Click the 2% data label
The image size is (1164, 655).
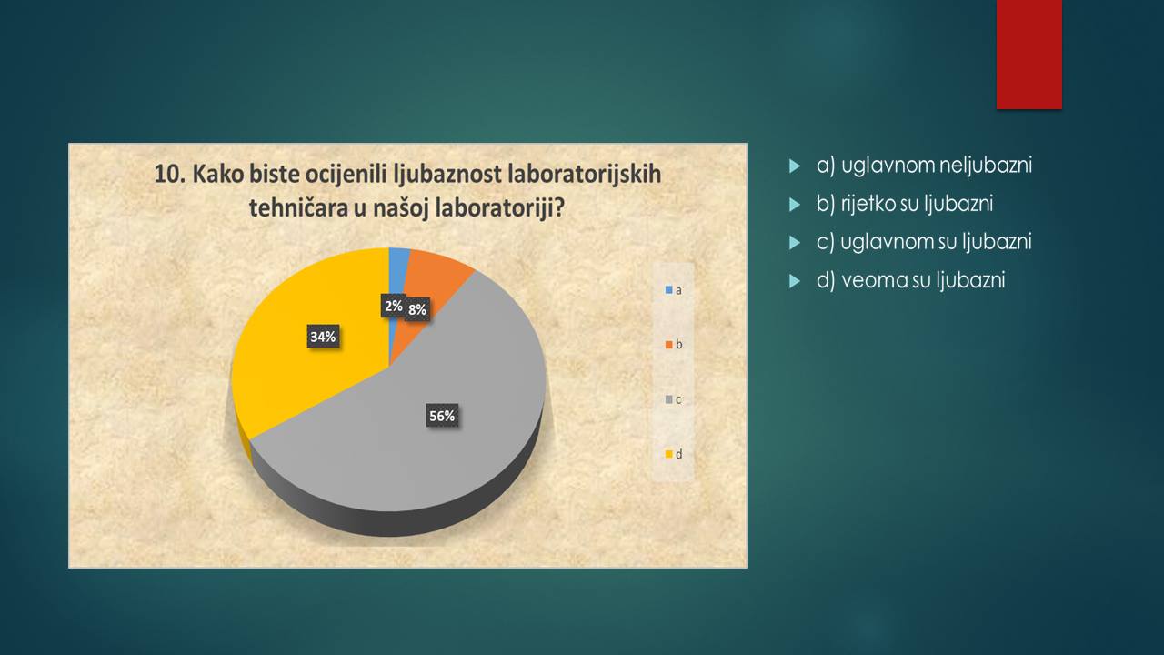pos(394,306)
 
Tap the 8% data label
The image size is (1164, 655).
pos(417,310)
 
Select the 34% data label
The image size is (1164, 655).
pos(323,337)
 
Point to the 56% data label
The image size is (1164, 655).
pos(442,416)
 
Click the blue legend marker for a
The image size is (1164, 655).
pos(669,290)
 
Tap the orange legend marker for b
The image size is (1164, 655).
pos(669,345)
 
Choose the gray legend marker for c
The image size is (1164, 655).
pos(669,399)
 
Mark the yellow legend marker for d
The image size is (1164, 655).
pos(669,454)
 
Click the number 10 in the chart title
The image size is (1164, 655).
pos(166,174)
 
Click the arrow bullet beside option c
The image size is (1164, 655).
pos(795,243)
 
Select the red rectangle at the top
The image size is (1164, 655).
pos(1029,54)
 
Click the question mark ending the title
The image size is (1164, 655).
pos(558,208)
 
